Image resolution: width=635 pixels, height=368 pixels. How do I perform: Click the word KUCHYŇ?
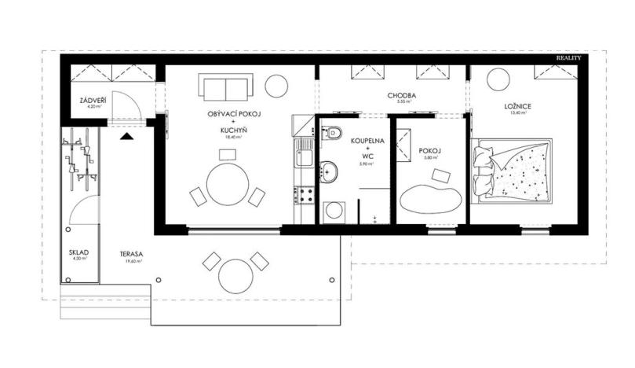coord(233,131)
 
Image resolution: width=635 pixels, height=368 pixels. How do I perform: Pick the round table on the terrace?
coord(235,276)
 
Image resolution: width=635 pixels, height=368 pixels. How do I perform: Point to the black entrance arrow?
coord(126,134)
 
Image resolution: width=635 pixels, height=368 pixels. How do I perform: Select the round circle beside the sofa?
coord(276,83)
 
